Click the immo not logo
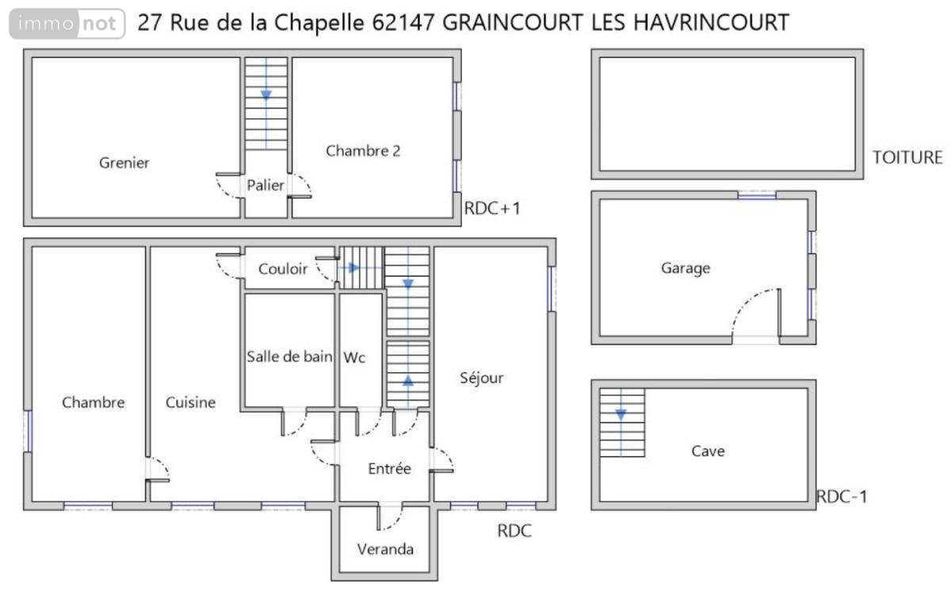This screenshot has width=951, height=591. point(67,24)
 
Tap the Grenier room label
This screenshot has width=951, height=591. point(124,163)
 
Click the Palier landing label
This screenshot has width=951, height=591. point(265,185)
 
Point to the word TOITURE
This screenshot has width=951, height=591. point(907,157)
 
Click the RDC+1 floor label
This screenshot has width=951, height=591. point(491,209)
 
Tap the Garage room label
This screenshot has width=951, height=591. point(686,269)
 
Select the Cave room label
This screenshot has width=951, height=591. point(708,452)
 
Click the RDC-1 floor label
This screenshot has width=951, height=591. point(842,497)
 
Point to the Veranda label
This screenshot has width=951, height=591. point(385,549)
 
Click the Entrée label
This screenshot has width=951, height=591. point(390,469)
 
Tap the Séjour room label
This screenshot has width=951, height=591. point(482,378)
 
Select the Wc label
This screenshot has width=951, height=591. point(354,358)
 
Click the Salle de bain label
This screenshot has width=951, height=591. point(289,357)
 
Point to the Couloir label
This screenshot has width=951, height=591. point(283,269)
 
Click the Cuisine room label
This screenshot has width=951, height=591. point(190,402)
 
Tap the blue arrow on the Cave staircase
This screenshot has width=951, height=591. point(621,413)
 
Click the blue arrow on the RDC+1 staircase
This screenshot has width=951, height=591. point(266,94)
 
